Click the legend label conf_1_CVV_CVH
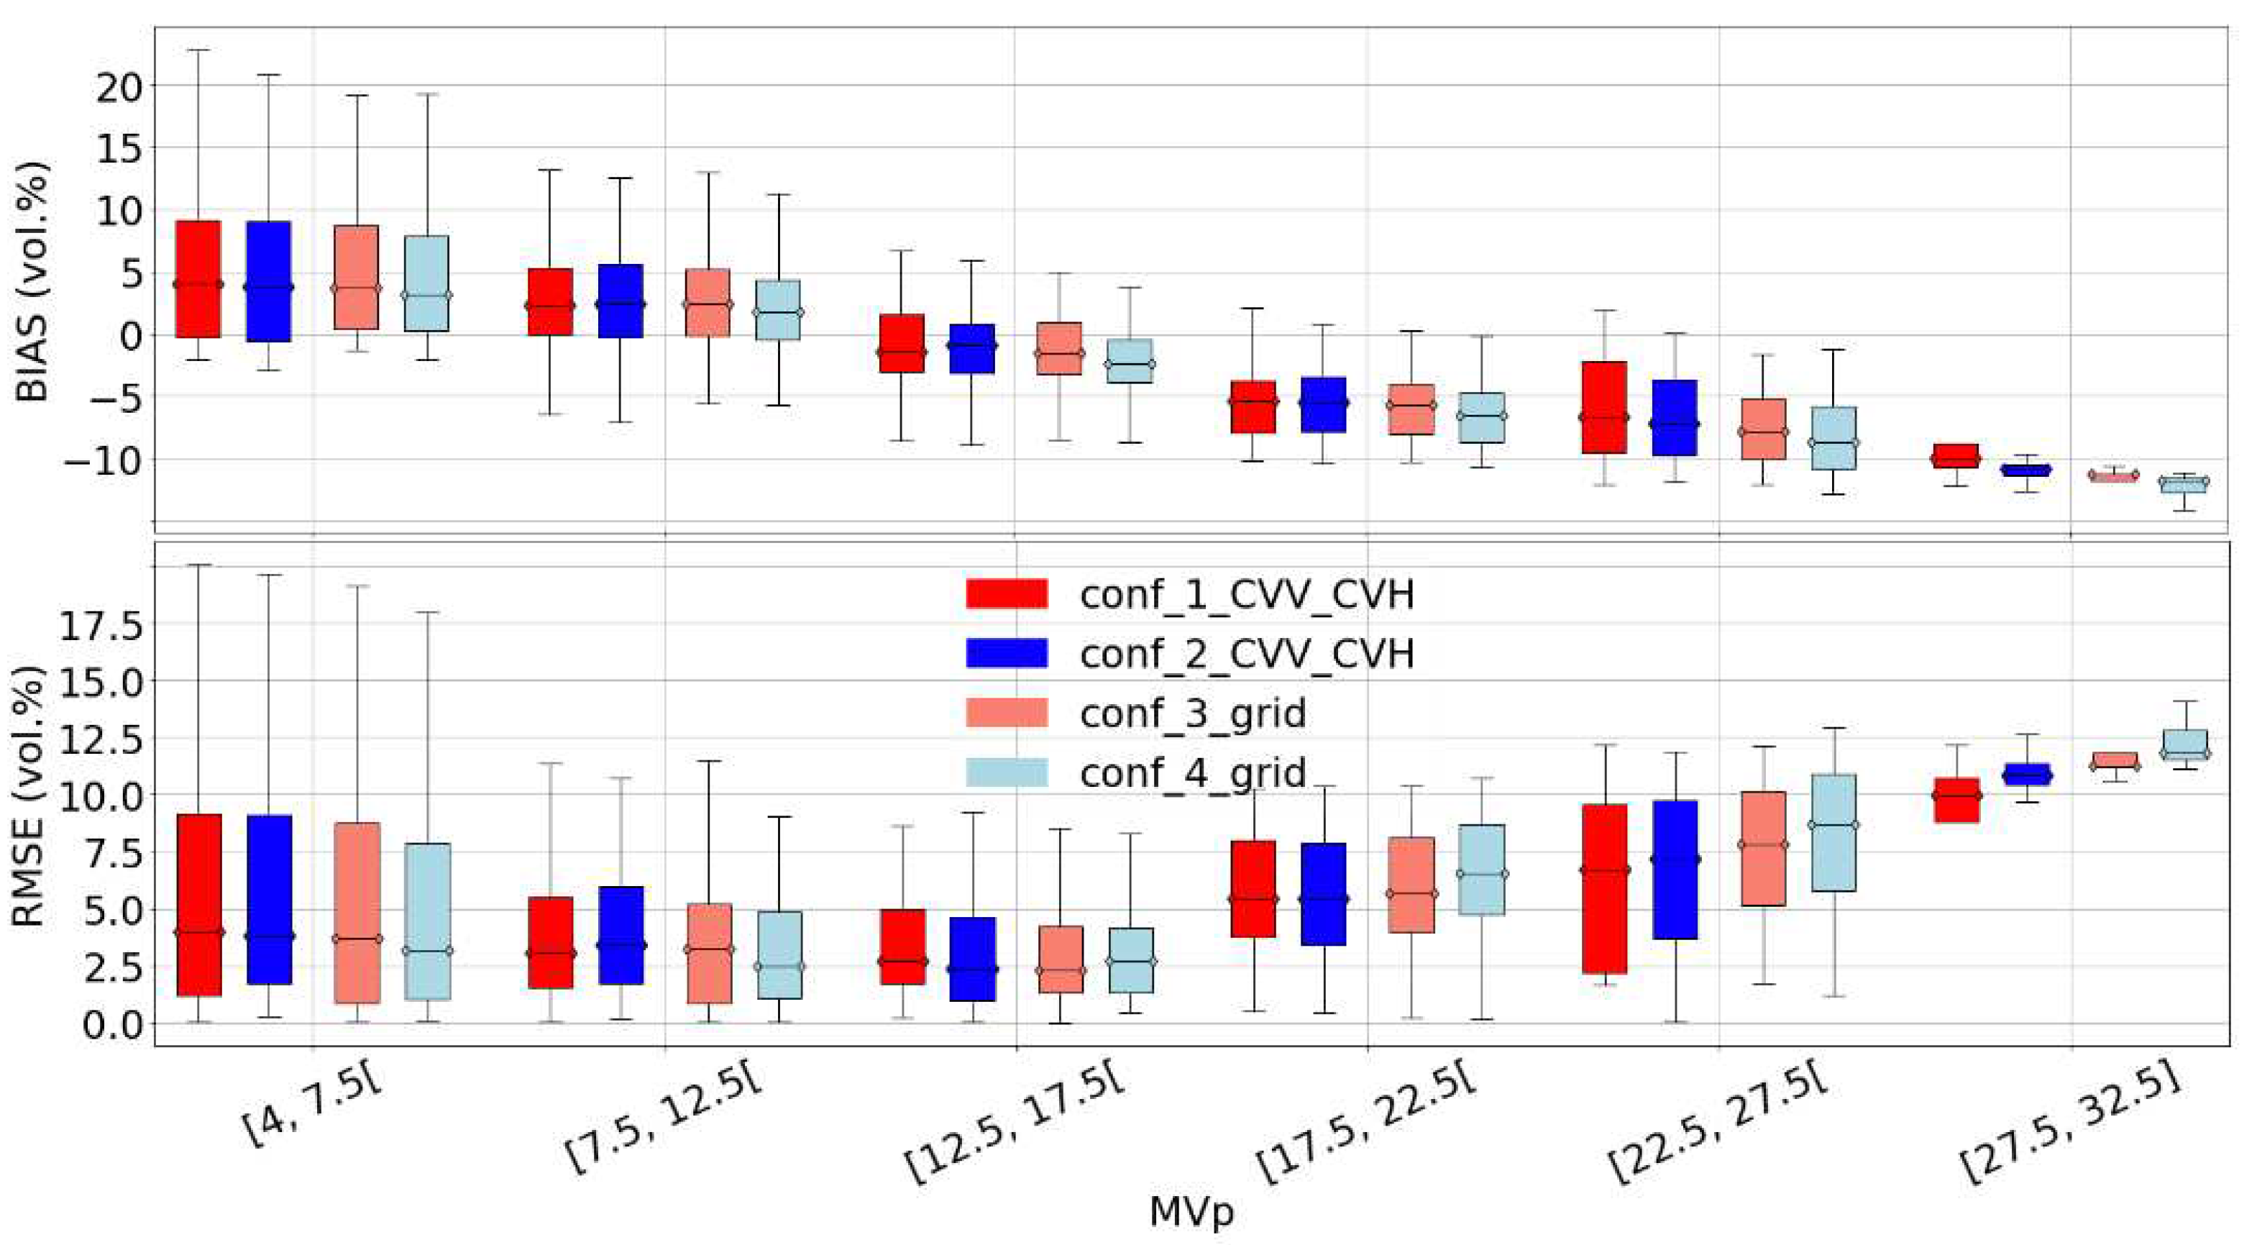[1246, 595]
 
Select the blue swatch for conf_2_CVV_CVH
[1007, 654]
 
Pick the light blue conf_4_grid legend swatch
[1007, 772]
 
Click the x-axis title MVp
[1191, 1213]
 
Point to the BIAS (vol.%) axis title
[32, 282]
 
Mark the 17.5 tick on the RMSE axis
[100, 626]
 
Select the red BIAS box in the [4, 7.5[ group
[198, 278]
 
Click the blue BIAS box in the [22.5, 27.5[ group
[1675, 417]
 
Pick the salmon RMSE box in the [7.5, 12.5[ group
[709, 953]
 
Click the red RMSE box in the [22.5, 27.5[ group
[1604, 888]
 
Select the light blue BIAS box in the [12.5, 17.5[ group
[1129, 361]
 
